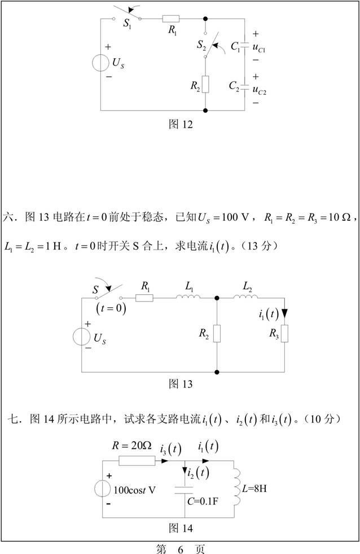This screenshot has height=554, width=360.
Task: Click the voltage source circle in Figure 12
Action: pyautogui.click(x=100, y=63)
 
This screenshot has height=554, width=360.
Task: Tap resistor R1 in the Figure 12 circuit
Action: pyautogui.click(x=171, y=19)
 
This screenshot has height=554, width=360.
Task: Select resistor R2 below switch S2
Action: pyautogui.click(x=205, y=85)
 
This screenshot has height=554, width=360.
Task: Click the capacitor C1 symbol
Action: pyautogui.click(x=244, y=46)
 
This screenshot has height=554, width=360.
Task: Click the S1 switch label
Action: pyautogui.click(x=127, y=24)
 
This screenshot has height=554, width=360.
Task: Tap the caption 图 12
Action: pyautogui.click(x=181, y=124)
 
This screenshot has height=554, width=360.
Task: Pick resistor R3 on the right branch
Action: pyautogui.click(x=284, y=334)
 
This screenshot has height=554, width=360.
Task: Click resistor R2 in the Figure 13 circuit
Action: pyautogui.click(x=217, y=334)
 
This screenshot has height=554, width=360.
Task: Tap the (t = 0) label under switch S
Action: pyautogui.click(x=111, y=308)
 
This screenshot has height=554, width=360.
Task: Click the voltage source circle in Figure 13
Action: pyautogui.click(x=81, y=337)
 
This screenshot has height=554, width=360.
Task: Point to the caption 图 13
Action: pyautogui.click(x=181, y=383)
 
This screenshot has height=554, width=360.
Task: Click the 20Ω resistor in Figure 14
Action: pyautogui.click(x=137, y=461)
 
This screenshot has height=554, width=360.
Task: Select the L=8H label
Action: pyautogui.click(x=254, y=489)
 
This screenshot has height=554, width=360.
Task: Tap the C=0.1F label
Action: pyautogui.click(x=203, y=501)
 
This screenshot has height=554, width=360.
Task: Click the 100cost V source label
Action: pyautogui.click(x=134, y=490)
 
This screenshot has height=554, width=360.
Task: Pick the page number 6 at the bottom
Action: pyautogui.click(x=181, y=549)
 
